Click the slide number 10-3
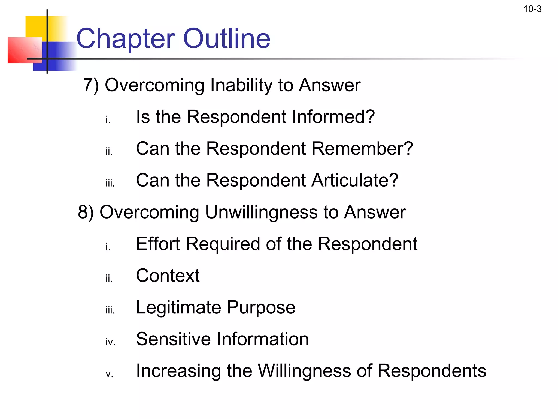coord(532,9)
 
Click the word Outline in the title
coord(227,38)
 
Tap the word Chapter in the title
coord(126,39)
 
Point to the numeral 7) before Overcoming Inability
coord(91,85)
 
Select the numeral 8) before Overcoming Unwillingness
coord(86,212)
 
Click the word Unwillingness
coord(261,213)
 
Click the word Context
coord(168,276)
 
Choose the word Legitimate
coord(178,308)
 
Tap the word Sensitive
coord(174,339)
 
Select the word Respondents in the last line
coord(432,371)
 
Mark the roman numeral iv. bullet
coord(110,342)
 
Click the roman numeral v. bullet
coord(109,374)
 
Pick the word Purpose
coord(261,308)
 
